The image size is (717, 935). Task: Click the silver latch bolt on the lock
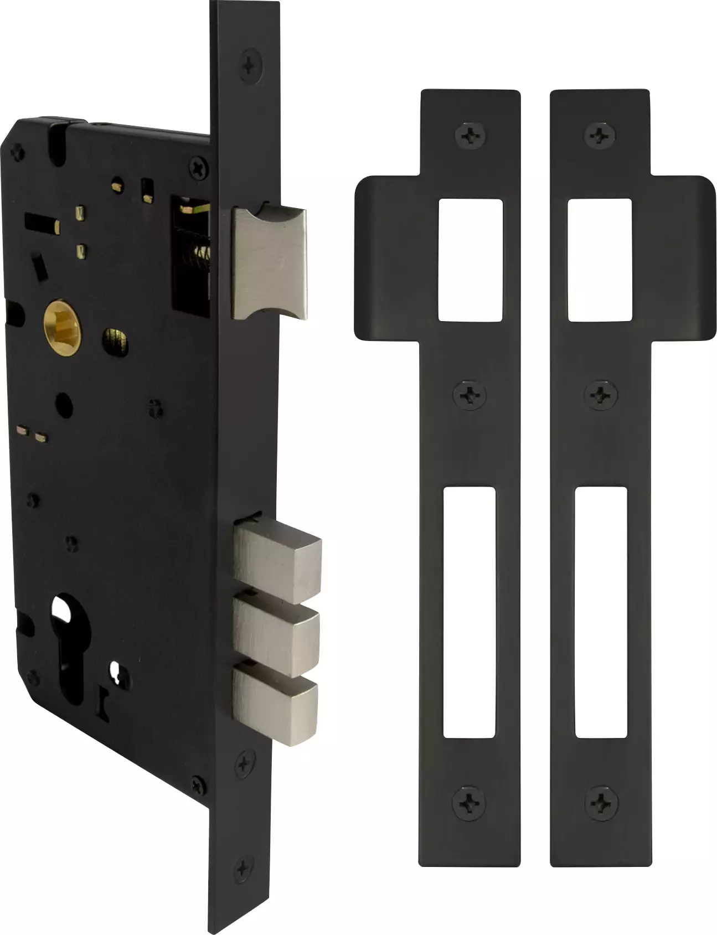[270, 262]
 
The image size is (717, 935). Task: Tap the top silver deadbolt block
[277, 559]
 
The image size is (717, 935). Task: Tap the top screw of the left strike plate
[470, 135]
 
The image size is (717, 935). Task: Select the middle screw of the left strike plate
[470, 395]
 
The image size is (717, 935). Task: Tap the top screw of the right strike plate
[600, 135]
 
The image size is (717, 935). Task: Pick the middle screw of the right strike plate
[601, 395]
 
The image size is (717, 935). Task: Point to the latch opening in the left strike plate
[470, 260]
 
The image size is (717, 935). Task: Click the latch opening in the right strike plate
[600, 260]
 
